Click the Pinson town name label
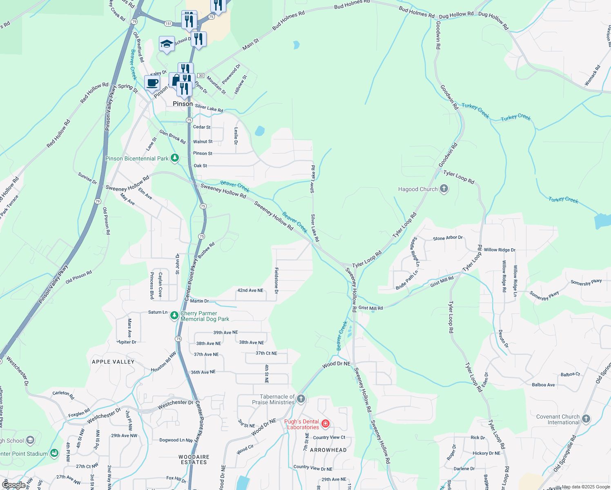click(183, 104)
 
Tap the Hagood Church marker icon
click(444, 189)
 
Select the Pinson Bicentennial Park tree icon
click(175, 158)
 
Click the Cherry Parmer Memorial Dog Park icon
click(174, 315)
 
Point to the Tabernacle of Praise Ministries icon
click(301, 399)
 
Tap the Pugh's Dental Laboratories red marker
click(326, 423)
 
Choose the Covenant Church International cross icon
click(586, 419)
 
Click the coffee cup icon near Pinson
click(152, 83)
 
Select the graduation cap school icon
click(167, 44)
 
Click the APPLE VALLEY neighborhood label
click(113, 362)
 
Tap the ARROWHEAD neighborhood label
click(328, 450)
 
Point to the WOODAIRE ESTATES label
click(194, 459)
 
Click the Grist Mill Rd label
click(371, 308)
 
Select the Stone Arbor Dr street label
click(448, 238)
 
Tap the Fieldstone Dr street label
click(277, 281)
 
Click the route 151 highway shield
click(168, 24)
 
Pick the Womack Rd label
click(593, 76)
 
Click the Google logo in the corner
click(13, 485)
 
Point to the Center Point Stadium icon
click(54, 453)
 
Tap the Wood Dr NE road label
click(336, 364)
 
